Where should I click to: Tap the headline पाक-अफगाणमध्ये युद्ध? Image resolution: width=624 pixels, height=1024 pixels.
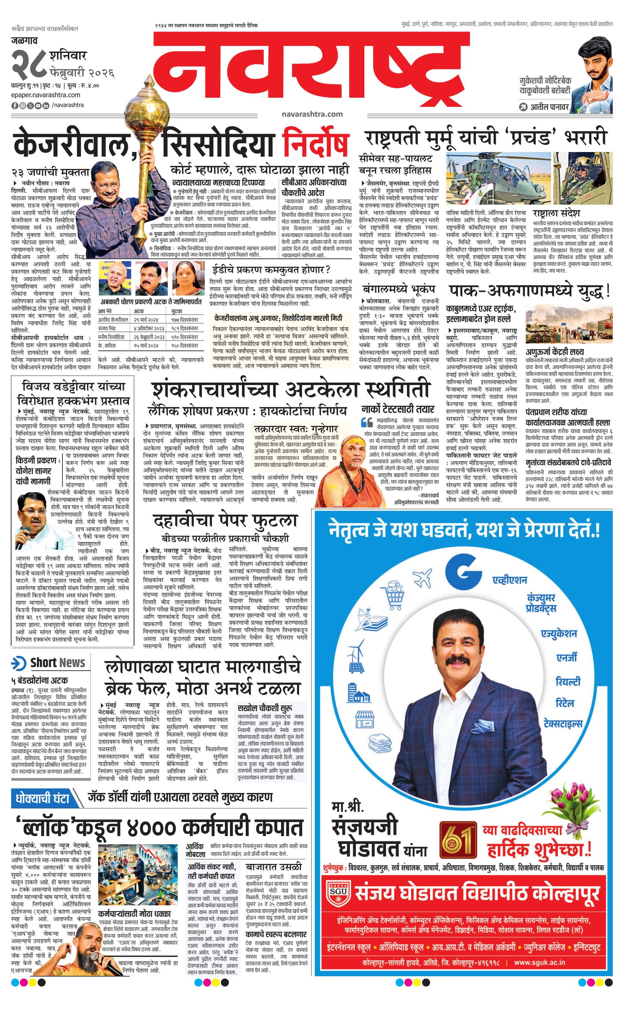(x=530, y=291)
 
